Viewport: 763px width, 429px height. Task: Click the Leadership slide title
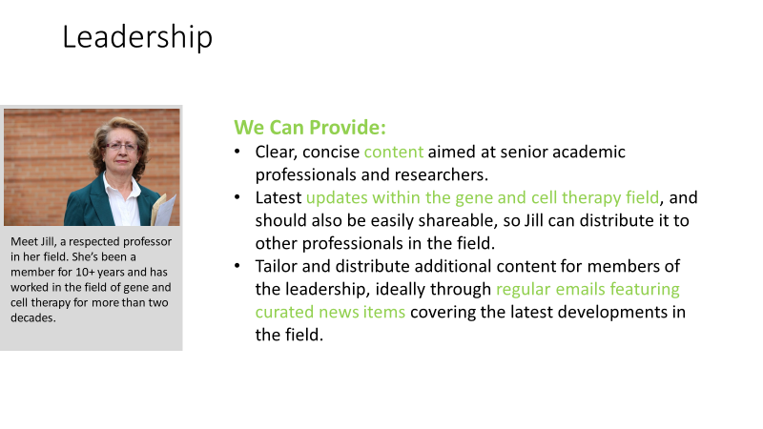137,37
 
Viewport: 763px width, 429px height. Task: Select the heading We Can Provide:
309,128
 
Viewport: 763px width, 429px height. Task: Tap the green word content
394,152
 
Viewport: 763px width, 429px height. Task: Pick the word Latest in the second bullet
278,197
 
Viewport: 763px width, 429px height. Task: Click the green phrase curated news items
330,312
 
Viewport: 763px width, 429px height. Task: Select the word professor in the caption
148,242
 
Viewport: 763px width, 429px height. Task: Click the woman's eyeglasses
121,146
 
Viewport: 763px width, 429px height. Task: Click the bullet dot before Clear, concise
237,152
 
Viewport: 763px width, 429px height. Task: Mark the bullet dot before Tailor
237,266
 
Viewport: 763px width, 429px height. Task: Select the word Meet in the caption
22,242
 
